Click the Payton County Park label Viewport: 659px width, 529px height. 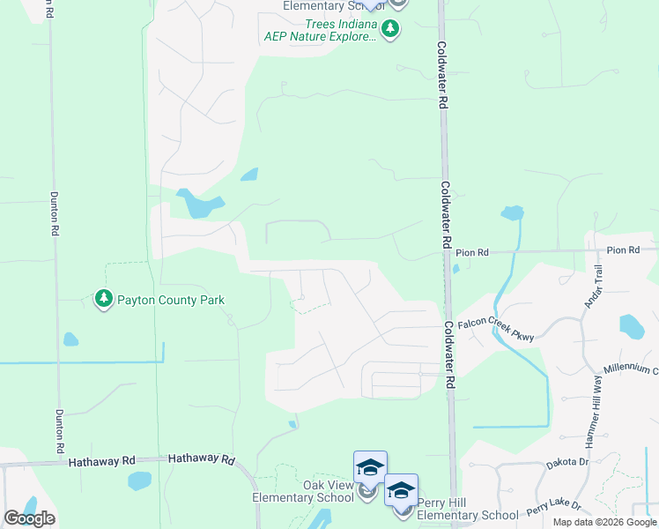click(172, 300)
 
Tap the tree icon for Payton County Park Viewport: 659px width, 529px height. click(104, 300)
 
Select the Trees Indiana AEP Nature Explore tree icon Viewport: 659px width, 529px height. click(390, 30)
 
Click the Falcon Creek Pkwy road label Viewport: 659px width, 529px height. click(496, 330)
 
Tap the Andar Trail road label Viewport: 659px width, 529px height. click(593, 287)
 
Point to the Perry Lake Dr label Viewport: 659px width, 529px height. click(554, 508)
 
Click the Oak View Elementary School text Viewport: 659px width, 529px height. click(304, 491)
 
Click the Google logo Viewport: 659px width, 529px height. click(29, 518)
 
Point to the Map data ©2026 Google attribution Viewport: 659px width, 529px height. click(603, 522)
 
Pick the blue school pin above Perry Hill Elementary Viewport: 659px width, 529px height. click(401, 490)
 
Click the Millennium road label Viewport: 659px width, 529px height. click(631, 369)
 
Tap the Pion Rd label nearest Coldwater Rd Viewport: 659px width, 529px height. click(473, 253)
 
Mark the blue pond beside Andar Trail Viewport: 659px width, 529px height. click(632, 327)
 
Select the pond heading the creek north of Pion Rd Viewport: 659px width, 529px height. click(512, 212)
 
